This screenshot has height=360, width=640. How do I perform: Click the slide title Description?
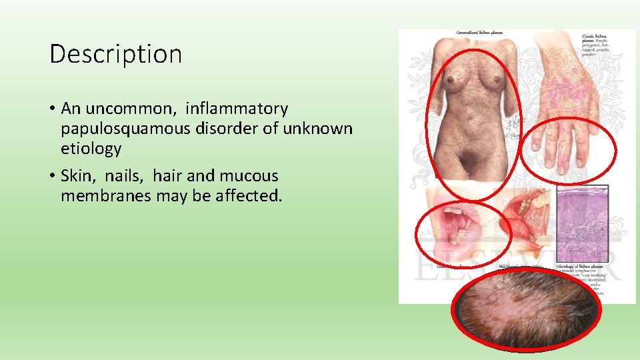115,54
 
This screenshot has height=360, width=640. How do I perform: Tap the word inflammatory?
237,108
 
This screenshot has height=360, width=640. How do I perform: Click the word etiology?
91,148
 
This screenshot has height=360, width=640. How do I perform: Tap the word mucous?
249,176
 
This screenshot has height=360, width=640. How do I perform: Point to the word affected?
246,196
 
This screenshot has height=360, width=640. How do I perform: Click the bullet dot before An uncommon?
52,109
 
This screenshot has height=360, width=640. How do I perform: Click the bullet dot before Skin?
52,177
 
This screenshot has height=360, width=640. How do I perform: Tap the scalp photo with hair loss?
526,309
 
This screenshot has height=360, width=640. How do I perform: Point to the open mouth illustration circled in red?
460,230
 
